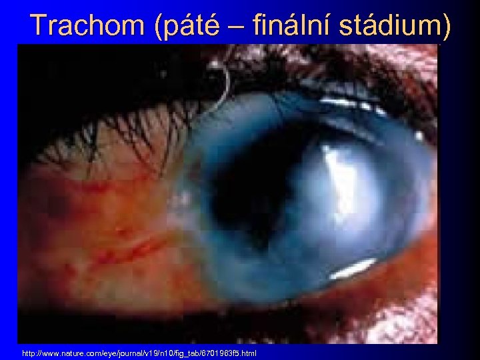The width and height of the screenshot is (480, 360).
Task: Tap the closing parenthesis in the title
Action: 445,26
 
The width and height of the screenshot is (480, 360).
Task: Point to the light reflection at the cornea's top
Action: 347,103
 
